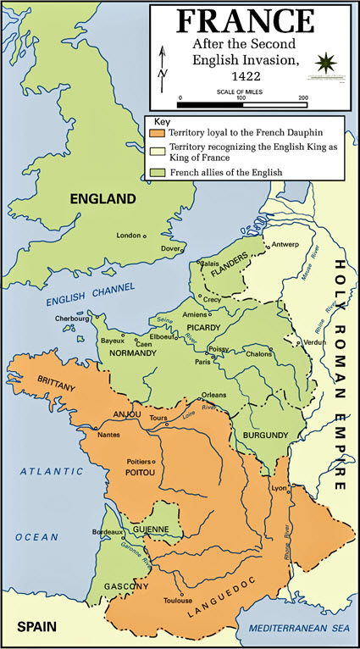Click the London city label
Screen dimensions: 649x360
[x=128, y=235]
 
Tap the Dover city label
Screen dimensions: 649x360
[x=171, y=248]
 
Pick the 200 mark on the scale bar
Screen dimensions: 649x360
[x=302, y=98]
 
